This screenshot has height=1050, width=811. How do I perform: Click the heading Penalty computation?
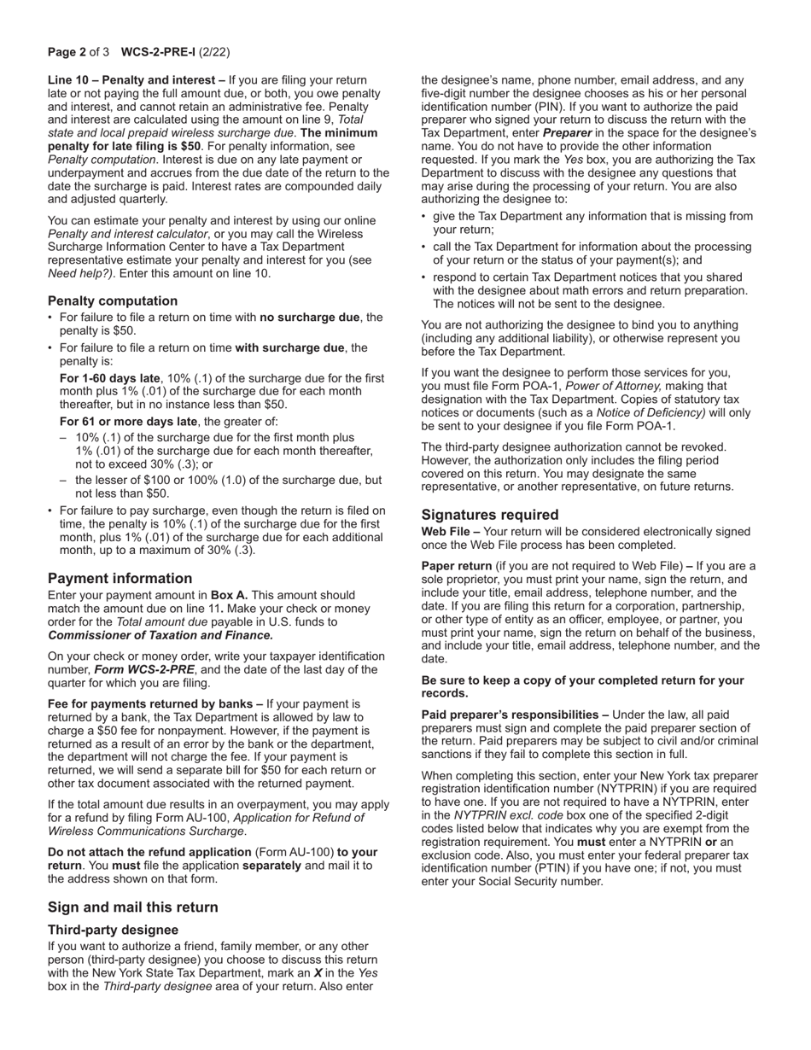click(113, 300)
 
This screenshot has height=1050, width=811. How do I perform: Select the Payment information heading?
click(120, 578)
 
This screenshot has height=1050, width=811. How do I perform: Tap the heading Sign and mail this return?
click(132, 907)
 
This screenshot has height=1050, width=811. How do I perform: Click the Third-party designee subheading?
click(113, 930)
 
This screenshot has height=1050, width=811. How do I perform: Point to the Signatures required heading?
click(490, 515)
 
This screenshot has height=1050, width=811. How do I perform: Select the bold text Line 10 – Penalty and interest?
click(136, 80)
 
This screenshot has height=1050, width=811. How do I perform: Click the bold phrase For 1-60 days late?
click(109, 378)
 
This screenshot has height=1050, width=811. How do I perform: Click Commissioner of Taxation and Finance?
click(160, 635)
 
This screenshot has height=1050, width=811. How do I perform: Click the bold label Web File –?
click(451, 532)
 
